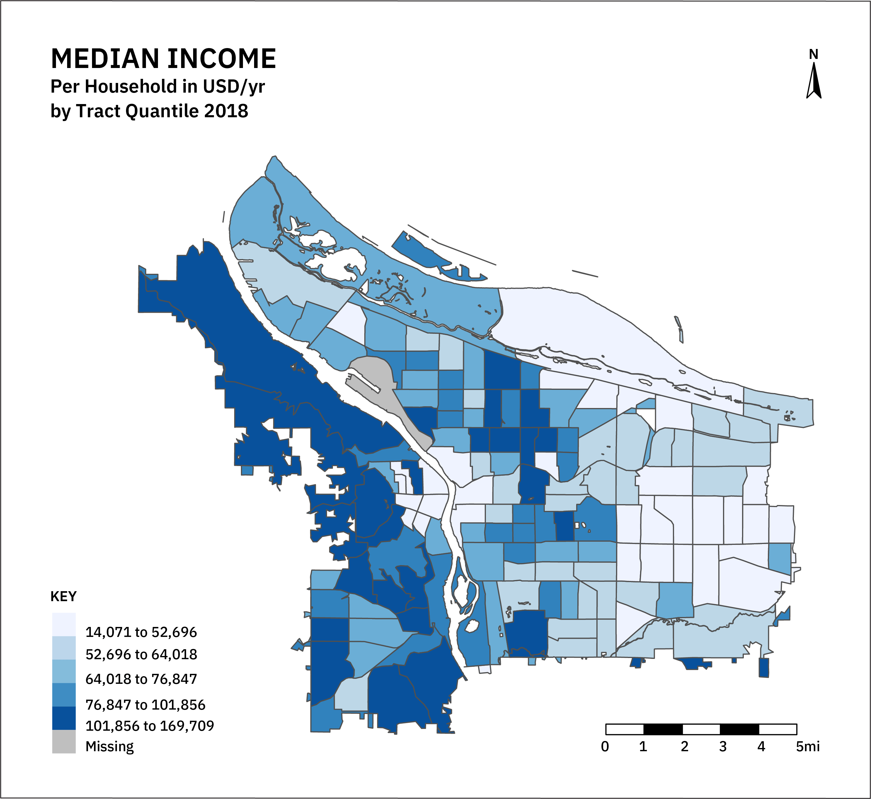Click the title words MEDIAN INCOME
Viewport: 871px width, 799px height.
(x=164, y=59)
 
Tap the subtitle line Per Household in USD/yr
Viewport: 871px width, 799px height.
(x=157, y=86)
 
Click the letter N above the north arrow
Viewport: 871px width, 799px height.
(x=814, y=55)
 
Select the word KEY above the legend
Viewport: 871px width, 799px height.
(x=64, y=597)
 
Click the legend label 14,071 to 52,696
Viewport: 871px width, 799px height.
(x=141, y=633)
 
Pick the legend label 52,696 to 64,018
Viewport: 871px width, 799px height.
(x=141, y=654)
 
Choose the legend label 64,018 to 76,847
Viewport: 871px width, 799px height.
(x=141, y=679)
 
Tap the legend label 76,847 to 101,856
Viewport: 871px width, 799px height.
(x=145, y=705)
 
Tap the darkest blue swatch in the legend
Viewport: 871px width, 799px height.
(x=64, y=719)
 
